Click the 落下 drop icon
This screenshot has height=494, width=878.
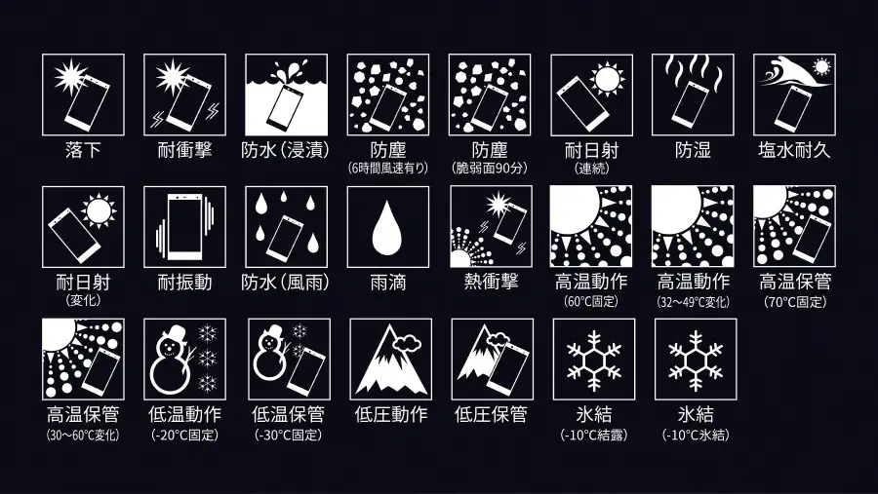pyautogui.click(x=84, y=95)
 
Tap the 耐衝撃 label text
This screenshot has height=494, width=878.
pyautogui.click(x=184, y=150)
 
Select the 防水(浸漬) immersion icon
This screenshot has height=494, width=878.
pyautogui.click(x=286, y=95)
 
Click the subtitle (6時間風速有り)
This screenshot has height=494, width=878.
pyautogui.click(x=388, y=168)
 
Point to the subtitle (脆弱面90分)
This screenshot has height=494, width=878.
pyautogui.click(x=490, y=168)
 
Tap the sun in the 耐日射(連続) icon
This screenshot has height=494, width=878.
pyautogui.click(x=608, y=78)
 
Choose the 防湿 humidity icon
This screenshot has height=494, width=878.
pyautogui.click(x=693, y=95)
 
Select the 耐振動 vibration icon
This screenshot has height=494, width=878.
pyautogui.click(x=184, y=227)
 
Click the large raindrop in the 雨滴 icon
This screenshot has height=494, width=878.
pyautogui.click(x=387, y=228)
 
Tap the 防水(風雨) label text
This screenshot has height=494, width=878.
pyautogui.click(x=286, y=283)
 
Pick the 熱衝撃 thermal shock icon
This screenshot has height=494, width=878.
pyautogui.click(x=490, y=227)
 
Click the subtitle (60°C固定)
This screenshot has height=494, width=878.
pyautogui.click(x=591, y=301)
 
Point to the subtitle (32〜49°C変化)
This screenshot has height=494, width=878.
pyautogui.click(x=694, y=301)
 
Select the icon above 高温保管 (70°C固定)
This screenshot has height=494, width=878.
pyautogui.click(x=794, y=227)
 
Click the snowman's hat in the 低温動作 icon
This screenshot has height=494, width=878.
pyautogui.click(x=175, y=331)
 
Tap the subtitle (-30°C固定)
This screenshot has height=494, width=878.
pyautogui.click(x=289, y=435)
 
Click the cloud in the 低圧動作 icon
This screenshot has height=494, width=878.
pyautogui.click(x=407, y=342)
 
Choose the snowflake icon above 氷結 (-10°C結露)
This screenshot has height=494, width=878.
pyautogui.click(x=594, y=361)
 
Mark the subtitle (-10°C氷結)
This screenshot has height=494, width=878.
pyautogui.click(x=696, y=435)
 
